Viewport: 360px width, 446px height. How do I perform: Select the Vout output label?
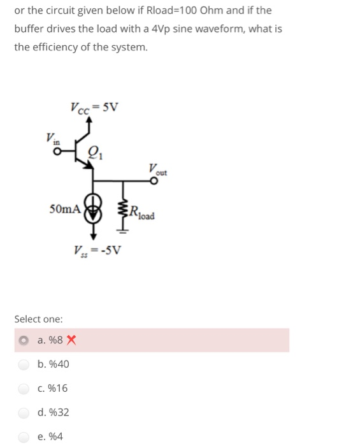click(157, 168)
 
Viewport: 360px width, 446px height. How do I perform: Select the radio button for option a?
click(24, 340)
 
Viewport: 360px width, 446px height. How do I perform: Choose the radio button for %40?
click(24, 364)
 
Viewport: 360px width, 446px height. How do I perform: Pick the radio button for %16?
click(24, 388)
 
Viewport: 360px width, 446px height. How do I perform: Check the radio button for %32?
click(24, 412)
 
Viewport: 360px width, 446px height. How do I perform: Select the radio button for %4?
click(24, 436)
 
